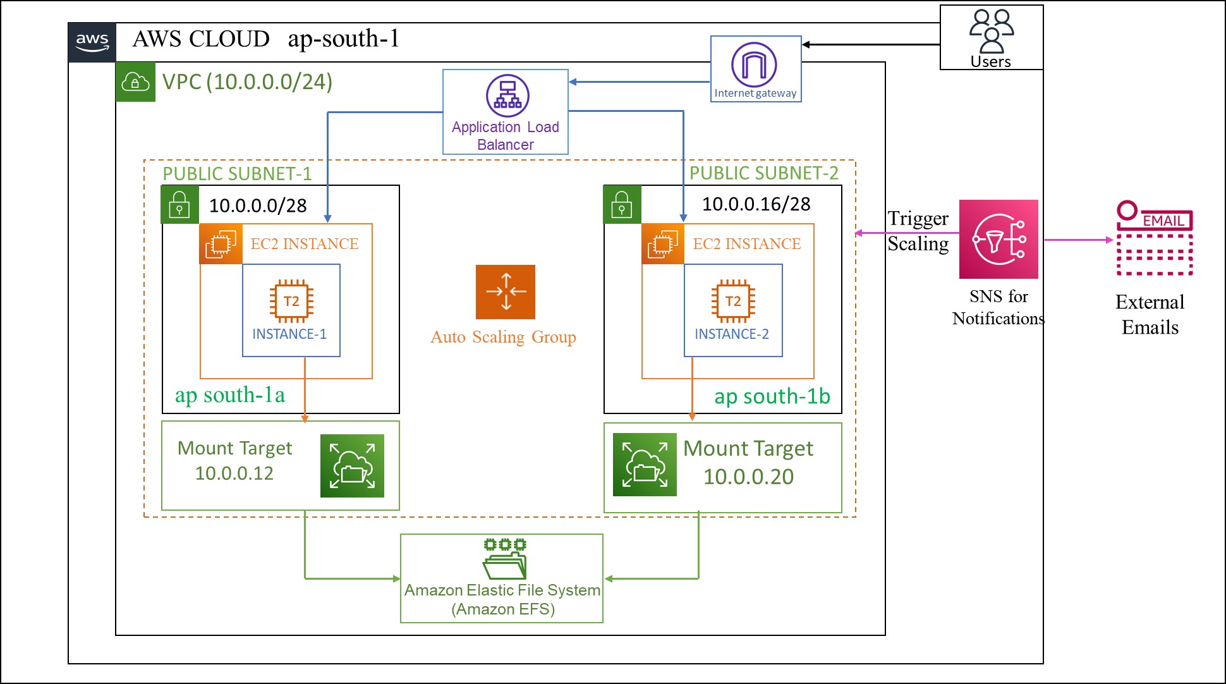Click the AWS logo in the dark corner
pyautogui.click(x=92, y=42)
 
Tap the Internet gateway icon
pyautogui.click(x=754, y=64)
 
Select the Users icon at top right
pyautogui.click(x=991, y=32)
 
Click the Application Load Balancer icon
pyautogui.click(x=507, y=96)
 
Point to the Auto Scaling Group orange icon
pyautogui.click(x=506, y=292)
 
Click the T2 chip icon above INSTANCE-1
pyautogui.click(x=291, y=301)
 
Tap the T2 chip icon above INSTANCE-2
pyautogui.click(x=733, y=301)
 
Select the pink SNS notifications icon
pyautogui.click(x=998, y=240)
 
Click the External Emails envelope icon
pyautogui.click(x=1155, y=240)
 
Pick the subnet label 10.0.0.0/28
pyautogui.click(x=258, y=205)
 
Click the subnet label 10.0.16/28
pyautogui.click(x=756, y=204)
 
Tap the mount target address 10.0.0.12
pyautogui.click(x=234, y=473)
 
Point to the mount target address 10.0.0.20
pyautogui.click(x=748, y=477)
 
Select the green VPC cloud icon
pyautogui.click(x=135, y=82)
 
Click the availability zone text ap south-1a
pyautogui.click(x=229, y=395)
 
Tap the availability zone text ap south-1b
pyautogui.click(x=772, y=396)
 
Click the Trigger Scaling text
pyautogui.click(x=918, y=231)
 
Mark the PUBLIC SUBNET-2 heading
pyautogui.click(x=763, y=173)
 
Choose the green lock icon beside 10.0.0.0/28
pyautogui.click(x=179, y=205)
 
